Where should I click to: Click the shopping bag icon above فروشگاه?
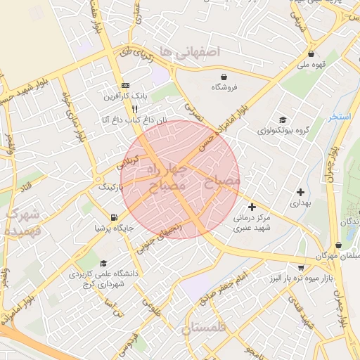click(x=224, y=77)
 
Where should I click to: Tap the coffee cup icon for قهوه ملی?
click(x=310, y=53)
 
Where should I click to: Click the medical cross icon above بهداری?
click(x=301, y=191)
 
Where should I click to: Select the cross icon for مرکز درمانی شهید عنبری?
click(x=252, y=207)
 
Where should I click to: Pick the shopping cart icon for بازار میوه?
click(x=301, y=267)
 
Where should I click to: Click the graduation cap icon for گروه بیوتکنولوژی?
click(x=283, y=120)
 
